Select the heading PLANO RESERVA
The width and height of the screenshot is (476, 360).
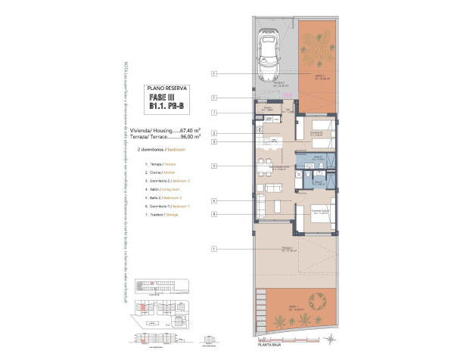163,89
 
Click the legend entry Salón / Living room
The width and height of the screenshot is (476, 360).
157,189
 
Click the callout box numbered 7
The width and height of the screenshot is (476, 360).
215,113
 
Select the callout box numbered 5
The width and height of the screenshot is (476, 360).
215,166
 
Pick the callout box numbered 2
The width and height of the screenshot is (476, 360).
215,133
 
